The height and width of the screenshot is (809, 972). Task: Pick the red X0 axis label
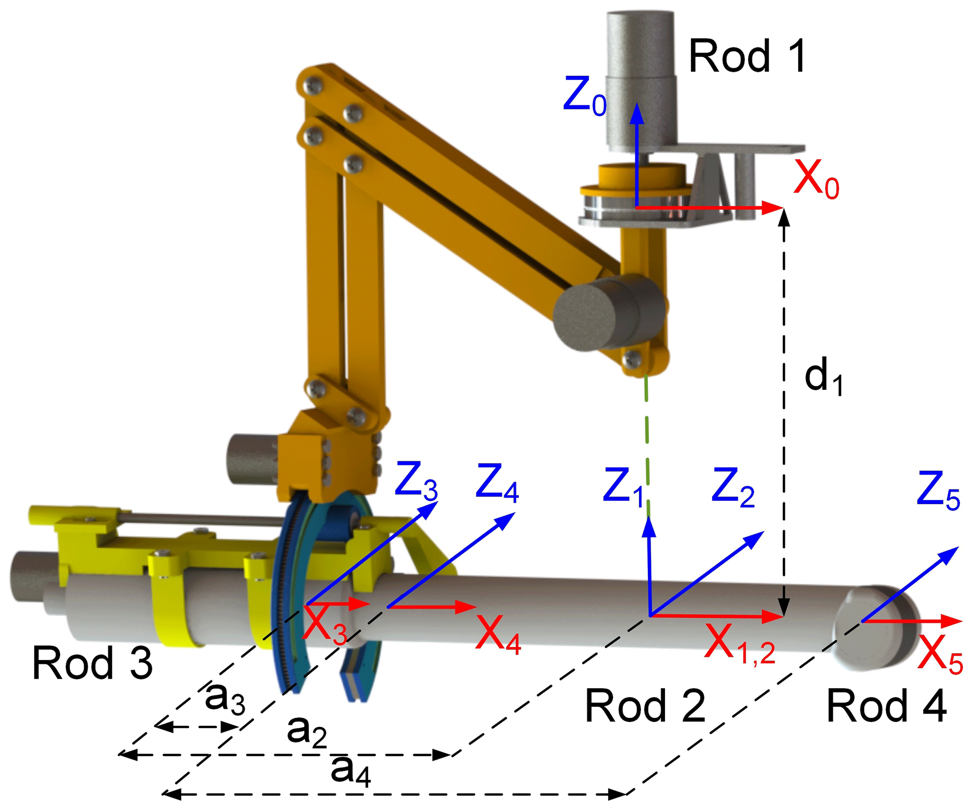(816, 179)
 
